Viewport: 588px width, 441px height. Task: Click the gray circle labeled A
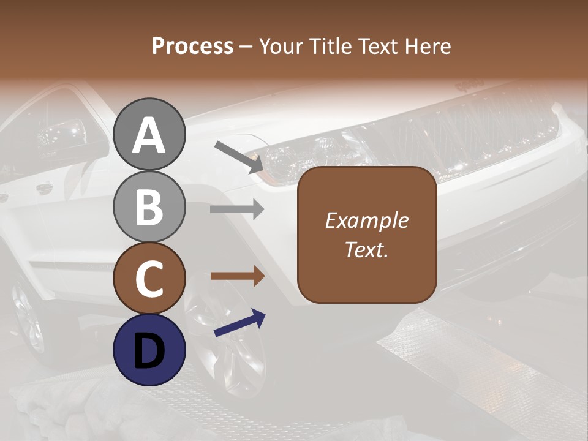pyautogui.click(x=149, y=134)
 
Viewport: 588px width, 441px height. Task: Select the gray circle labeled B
pyautogui.click(x=149, y=206)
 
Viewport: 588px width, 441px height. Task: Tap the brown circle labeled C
pyautogui.click(x=149, y=279)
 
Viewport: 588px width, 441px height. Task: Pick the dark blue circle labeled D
pyautogui.click(x=149, y=350)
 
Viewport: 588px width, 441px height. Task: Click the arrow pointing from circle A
pyautogui.click(x=238, y=157)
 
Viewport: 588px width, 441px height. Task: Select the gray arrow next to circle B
pyautogui.click(x=237, y=209)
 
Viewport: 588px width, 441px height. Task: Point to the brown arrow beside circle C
pyautogui.click(x=237, y=276)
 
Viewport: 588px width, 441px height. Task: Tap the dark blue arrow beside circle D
pyautogui.click(x=239, y=323)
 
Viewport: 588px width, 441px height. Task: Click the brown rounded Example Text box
pyautogui.click(x=367, y=235)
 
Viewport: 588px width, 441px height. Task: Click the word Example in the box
pyautogui.click(x=367, y=221)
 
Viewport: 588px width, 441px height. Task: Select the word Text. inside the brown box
pyautogui.click(x=367, y=250)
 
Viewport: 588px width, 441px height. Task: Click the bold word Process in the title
pyautogui.click(x=192, y=46)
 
